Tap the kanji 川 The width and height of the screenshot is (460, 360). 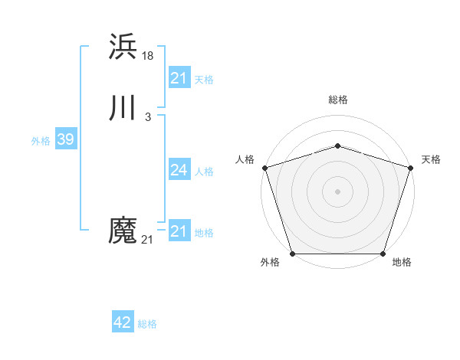click(123, 109)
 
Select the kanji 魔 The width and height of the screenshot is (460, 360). click(123, 231)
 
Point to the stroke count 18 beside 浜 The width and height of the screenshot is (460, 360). click(148, 55)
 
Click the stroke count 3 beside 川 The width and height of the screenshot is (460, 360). click(147, 116)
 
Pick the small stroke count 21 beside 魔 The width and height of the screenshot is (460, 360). click(147, 240)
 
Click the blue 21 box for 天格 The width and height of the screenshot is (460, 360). click(179, 78)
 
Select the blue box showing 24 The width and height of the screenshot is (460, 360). click(179, 170)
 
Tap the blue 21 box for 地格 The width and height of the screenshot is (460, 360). click(179, 231)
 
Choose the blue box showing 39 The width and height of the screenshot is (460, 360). click(65, 139)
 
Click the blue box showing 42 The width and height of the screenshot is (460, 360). click(122, 322)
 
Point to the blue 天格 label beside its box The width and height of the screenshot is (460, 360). click(204, 80)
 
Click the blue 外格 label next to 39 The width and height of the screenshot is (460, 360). click(41, 141)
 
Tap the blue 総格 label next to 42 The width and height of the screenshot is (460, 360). click(147, 324)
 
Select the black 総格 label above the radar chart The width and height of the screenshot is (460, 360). click(337, 100)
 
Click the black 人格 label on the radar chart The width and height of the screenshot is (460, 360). click(245, 159)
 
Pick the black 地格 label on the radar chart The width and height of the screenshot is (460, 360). click(402, 263)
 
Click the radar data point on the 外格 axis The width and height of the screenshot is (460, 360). click(292, 254)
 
